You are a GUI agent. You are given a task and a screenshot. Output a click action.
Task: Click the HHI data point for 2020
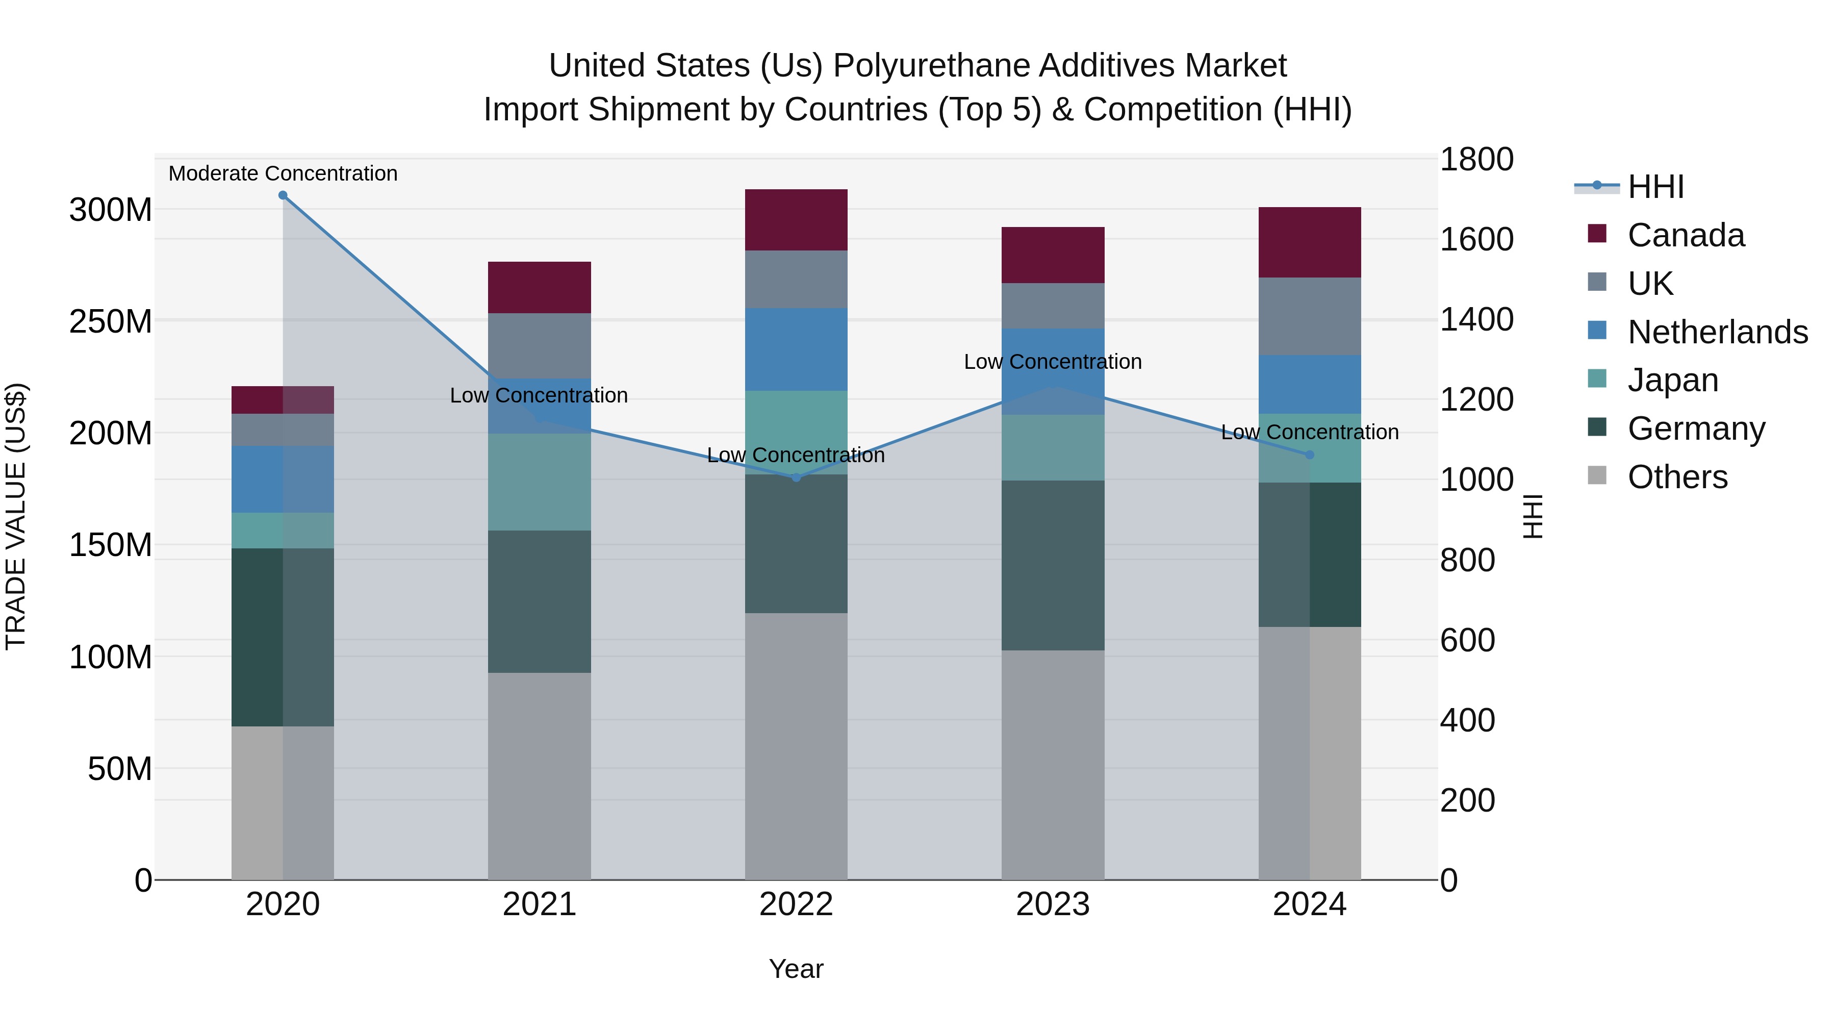(283, 195)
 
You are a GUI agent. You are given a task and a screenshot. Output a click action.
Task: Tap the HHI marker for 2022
(796, 477)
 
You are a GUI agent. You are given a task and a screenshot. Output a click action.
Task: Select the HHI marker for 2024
(1309, 455)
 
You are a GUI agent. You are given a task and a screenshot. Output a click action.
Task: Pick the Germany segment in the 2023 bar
(1053, 565)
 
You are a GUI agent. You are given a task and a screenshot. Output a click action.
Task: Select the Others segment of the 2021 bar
(540, 775)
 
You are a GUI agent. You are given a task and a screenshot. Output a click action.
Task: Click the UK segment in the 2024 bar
(1309, 316)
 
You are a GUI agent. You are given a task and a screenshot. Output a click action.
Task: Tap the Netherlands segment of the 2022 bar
(796, 349)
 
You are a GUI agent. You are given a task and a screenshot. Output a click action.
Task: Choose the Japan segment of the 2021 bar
(540, 482)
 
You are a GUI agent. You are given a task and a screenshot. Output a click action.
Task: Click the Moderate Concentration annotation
(283, 173)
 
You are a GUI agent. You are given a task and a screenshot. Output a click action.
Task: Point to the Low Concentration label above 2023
(1053, 362)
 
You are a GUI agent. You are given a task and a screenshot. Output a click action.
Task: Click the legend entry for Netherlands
(1718, 332)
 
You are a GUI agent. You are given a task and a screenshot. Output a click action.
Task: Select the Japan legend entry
(1673, 380)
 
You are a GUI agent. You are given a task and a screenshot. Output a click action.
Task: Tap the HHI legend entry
(1655, 187)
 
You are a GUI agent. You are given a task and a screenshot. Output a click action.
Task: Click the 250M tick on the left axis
(111, 321)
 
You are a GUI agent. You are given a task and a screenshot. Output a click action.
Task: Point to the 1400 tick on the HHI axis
(1477, 319)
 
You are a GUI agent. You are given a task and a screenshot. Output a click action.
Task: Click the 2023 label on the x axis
(1053, 904)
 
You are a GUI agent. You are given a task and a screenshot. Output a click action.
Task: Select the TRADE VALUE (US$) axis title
(16, 516)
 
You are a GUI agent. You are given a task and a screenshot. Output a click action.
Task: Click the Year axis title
(796, 969)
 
